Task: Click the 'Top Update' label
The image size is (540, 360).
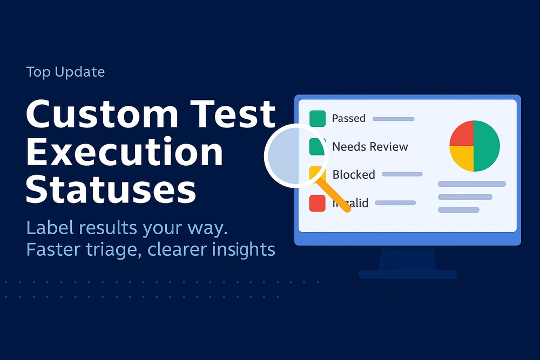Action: pyautogui.click(x=65, y=72)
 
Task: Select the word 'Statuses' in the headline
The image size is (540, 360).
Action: pyautogui.click(x=111, y=189)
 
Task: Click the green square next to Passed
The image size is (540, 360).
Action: pyautogui.click(x=318, y=118)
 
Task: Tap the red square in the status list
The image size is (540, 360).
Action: pyautogui.click(x=317, y=203)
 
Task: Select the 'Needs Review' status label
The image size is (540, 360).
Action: pyautogui.click(x=370, y=147)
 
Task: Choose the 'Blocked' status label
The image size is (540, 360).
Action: pyautogui.click(x=354, y=174)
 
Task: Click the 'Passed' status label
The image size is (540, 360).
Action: pyautogui.click(x=348, y=118)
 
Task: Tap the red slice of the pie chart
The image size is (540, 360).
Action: pyautogui.click(x=462, y=134)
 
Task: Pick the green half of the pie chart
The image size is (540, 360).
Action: pyautogui.click(x=487, y=146)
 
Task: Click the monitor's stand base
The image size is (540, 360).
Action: pyautogui.click(x=408, y=274)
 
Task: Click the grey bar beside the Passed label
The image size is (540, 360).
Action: pyautogui.click(x=394, y=119)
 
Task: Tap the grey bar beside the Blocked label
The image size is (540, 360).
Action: pyautogui.click(x=402, y=174)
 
